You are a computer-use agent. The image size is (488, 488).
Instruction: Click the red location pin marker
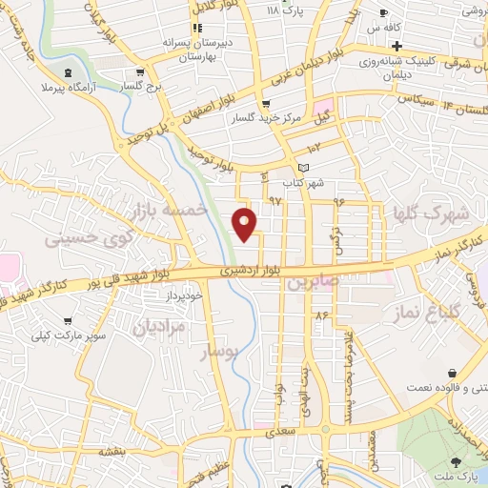[x=246, y=224]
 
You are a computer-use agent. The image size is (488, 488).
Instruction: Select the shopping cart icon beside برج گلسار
[x=141, y=71]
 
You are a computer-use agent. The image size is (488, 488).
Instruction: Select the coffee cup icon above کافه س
[x=383, y=13]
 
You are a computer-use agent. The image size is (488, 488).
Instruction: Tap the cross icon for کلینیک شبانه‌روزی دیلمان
[x=396, y=47]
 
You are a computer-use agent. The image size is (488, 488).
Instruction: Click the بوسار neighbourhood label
[x=225, y=353]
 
